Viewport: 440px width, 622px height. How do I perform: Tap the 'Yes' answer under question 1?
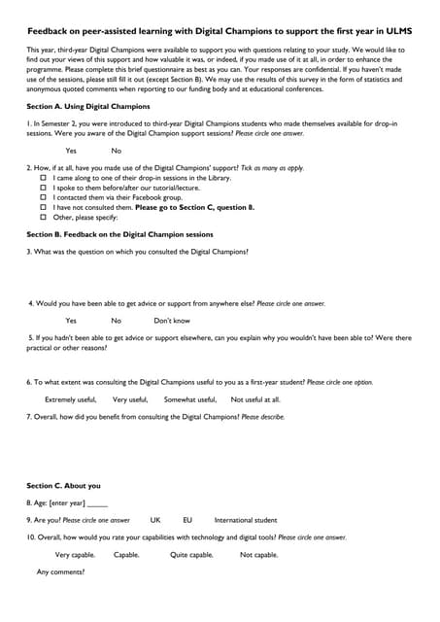point(71,151)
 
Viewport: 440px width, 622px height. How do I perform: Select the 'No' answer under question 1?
point(116,151)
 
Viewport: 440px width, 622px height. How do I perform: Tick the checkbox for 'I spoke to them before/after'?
point(43,189)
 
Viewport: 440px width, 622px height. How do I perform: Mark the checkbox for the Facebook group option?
point(43,198)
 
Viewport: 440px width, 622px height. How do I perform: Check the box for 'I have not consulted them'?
point(43,207)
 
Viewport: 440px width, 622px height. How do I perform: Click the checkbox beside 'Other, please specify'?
point(43,217)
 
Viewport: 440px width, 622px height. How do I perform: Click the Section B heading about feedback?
point(119,234)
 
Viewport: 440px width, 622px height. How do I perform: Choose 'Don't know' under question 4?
point(172,321)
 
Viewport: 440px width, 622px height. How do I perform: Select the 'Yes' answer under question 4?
point(71,321)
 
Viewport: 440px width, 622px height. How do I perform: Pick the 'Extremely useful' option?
point(71,399)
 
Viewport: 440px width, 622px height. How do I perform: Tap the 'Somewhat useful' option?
point(190,399)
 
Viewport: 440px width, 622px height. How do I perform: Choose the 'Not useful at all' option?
point(255,399)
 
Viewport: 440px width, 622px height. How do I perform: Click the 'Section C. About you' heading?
point(63,486)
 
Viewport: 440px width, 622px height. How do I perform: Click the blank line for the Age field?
point(97,503)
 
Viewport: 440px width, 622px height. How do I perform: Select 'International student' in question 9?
point(246,520)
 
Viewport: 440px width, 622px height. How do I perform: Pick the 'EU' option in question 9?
point(187,520)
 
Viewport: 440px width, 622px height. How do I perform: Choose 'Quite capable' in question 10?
point(191,555)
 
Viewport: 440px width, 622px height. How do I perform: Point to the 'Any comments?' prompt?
point(60,571)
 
